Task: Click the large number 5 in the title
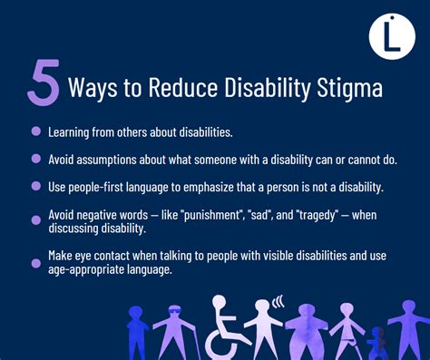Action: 44,85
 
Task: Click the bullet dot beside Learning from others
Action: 35,131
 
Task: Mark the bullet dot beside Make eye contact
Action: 35,258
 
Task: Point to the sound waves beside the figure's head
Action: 279,301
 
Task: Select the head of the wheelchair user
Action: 220,301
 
